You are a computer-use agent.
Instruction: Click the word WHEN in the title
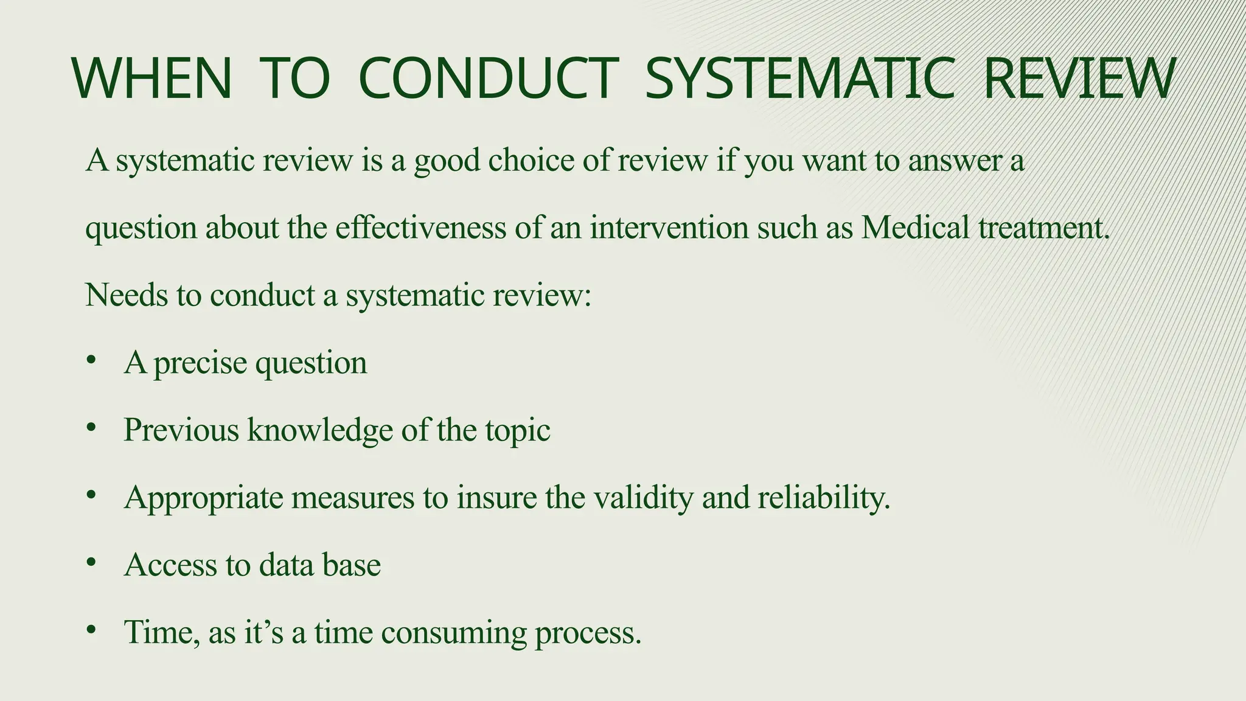point(152,78)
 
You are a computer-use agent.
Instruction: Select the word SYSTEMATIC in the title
point(799,78)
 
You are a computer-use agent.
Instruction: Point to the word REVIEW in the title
point(1079,78)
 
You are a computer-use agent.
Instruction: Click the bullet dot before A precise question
point(91,360)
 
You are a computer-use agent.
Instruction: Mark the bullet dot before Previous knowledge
point(91,428)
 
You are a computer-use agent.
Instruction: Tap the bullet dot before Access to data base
point(91,563)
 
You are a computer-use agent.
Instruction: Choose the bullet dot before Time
point(91,630)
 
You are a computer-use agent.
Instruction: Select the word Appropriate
point(204,498)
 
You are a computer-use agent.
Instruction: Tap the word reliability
point(824,498)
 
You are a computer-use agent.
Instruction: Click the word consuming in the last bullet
point(454,633)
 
